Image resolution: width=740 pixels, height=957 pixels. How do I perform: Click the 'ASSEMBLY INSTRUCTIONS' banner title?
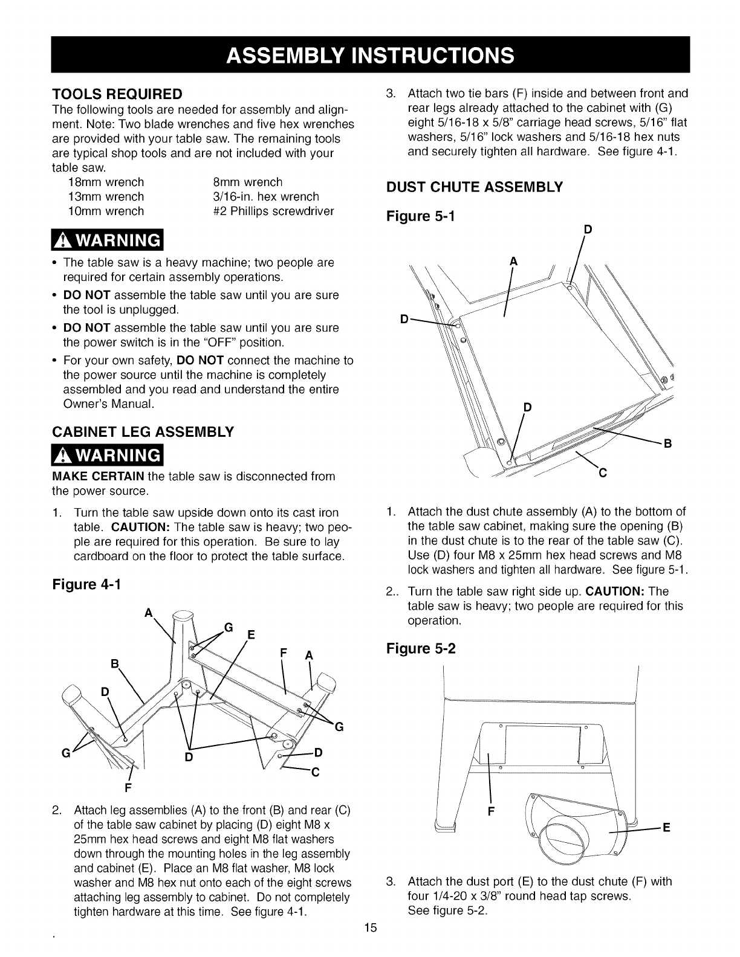(370, 55)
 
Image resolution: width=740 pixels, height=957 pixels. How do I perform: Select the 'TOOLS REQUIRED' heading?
(117, 94)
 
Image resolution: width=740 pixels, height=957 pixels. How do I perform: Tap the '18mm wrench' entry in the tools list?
(107, 182)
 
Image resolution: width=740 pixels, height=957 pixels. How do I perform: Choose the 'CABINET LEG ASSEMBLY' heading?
(143, 432)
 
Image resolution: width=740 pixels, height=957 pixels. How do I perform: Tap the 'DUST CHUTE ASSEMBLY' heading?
(475, 187)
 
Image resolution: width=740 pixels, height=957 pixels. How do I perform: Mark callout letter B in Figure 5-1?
(668, 445)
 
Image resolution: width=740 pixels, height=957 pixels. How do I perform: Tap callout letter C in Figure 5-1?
(602, 473)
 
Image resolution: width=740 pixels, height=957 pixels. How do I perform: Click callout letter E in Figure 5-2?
(667, 828)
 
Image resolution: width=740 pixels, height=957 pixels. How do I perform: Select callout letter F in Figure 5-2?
(491, 813)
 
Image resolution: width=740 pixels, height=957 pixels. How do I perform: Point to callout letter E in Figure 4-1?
(251, 635)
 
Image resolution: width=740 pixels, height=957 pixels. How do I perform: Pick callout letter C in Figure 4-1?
(315, 772)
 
